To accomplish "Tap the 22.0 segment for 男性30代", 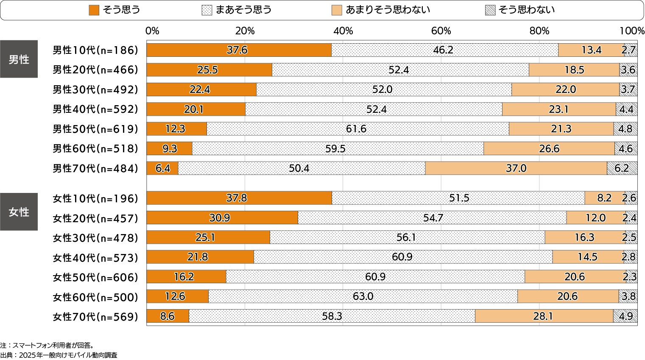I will (x=565, y=89).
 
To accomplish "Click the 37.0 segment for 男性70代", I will (x=516, y=168).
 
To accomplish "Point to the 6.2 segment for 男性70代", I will (x=622, y=168).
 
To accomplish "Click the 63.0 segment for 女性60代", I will (x=363, y=296).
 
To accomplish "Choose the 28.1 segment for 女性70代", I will (x=544, y=316).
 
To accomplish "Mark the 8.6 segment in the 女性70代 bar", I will (x=168, y=316).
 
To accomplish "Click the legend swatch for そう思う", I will (x=94, y=10).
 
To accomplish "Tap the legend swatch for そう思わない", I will (x=490, y=10).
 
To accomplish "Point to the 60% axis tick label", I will (x=441, y=31).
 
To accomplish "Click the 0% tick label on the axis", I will (x=152, y=31).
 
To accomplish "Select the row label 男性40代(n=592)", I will (x=95, y=109).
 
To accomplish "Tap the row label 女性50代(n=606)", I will (x=95, y=277).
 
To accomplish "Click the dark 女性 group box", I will (x=19, y=212).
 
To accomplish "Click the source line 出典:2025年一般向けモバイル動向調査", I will (x=59, y=355).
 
